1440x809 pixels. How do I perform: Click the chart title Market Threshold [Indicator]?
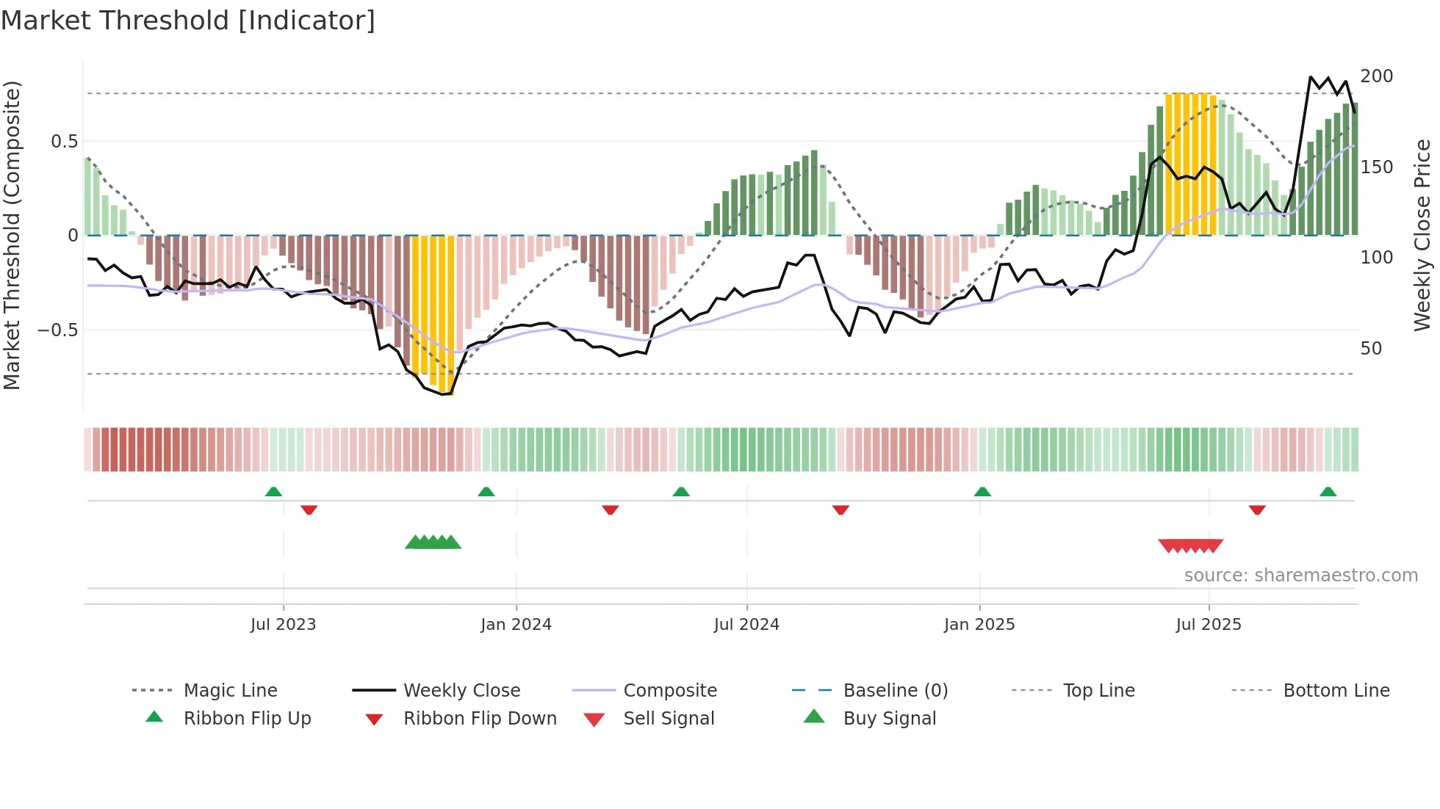tap(188, 21)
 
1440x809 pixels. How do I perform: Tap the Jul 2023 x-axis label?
tap(283, 625)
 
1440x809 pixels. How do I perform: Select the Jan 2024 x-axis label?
tap(516, 625)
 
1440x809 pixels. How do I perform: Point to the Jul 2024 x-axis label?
tap(746, 625)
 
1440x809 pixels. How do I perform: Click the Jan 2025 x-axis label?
tap(979, 625)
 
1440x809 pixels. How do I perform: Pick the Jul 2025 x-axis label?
tap(1209, 625)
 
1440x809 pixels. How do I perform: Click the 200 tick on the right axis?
tap(1376, 76)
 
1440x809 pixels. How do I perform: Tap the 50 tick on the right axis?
tap(1371, 349)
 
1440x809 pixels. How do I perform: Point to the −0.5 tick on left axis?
tap(58, 330)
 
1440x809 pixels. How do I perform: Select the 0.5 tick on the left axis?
tap(64, 142)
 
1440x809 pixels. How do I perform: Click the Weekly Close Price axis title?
tap(1422, 235)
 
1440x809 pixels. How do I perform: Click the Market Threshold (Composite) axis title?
tap(12, 235)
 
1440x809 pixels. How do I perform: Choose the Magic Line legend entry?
tap(230, 691)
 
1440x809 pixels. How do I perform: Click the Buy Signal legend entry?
tap(889, 719)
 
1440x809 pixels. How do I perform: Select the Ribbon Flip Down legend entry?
tap(480, 719)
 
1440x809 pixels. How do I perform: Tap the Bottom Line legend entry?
tap(1336, 691)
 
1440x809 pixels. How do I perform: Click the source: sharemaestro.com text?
tap(1300, 576)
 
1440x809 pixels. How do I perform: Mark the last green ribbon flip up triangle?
tap(1328, 492)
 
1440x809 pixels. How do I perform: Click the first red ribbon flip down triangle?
tap(309, 509)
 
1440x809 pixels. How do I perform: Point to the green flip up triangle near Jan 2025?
tap(982, 492)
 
